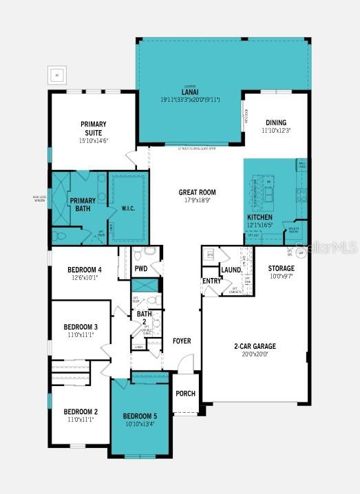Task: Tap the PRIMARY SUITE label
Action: [x=94, y=129]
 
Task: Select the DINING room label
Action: [x=276, y=122]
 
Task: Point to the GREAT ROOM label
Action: [x=198, y=193]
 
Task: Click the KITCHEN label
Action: [x=260, y=217]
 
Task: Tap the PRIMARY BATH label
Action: [x=82, y=204]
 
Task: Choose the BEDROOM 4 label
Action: [x=85, y=269]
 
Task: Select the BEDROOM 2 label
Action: [x=81, y=411]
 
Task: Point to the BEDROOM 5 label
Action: [x=140, y=416]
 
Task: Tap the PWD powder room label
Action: [x=141, y=268]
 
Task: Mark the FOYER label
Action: [x=182, y=341]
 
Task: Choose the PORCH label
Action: [x=185, y=394]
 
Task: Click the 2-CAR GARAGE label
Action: [x=254, y=346]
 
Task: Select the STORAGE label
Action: [x=281, y=268]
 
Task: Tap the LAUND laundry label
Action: [x=230, y=270]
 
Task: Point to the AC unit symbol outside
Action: [x=56, y=74]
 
